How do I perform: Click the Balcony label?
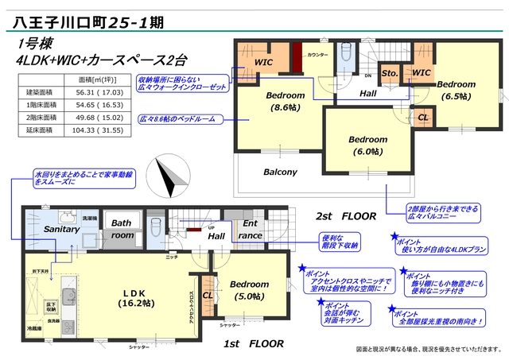coord(280,172)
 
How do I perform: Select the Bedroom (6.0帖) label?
coord(368,143)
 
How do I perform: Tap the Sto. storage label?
coord(390,74)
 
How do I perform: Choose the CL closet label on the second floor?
coord(422,118)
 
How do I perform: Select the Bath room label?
coord(122,229)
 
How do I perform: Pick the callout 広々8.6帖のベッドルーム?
coord(181,118)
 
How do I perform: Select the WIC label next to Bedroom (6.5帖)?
coord(422,74)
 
